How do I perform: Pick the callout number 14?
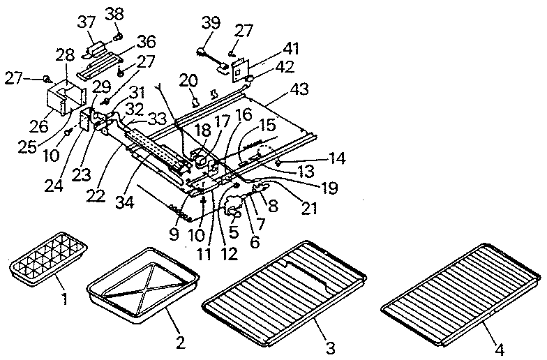(x=337, y=160)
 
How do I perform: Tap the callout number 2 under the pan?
(x=181, y=341)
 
